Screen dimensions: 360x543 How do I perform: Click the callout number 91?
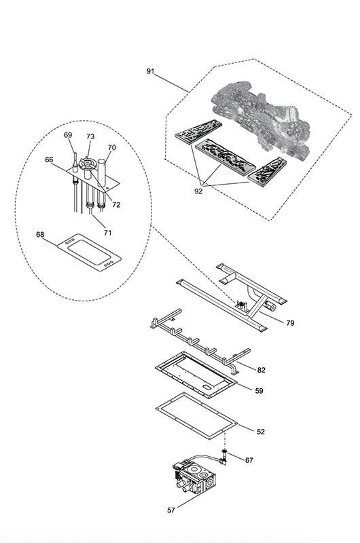[150, 71]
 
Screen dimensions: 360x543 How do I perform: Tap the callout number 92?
[198, 191]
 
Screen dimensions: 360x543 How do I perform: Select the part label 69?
[68, 134]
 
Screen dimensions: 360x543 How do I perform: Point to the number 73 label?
[90, 136]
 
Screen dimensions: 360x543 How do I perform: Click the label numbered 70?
[111, 147]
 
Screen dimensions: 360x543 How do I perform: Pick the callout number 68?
[40, 234]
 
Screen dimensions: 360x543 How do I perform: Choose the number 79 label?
[290, 323]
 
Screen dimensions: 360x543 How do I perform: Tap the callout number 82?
[262, 370]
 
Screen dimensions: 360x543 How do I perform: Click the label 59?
[259, 391]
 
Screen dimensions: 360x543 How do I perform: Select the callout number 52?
[261, 432]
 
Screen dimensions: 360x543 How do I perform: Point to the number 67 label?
[249, 460]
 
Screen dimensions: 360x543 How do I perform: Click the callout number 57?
[171, 510]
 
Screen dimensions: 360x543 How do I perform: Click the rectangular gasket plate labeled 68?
[89, 252]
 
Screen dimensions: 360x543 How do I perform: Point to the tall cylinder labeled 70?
[103, 172]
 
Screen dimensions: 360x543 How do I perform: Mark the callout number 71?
[108, 232]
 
